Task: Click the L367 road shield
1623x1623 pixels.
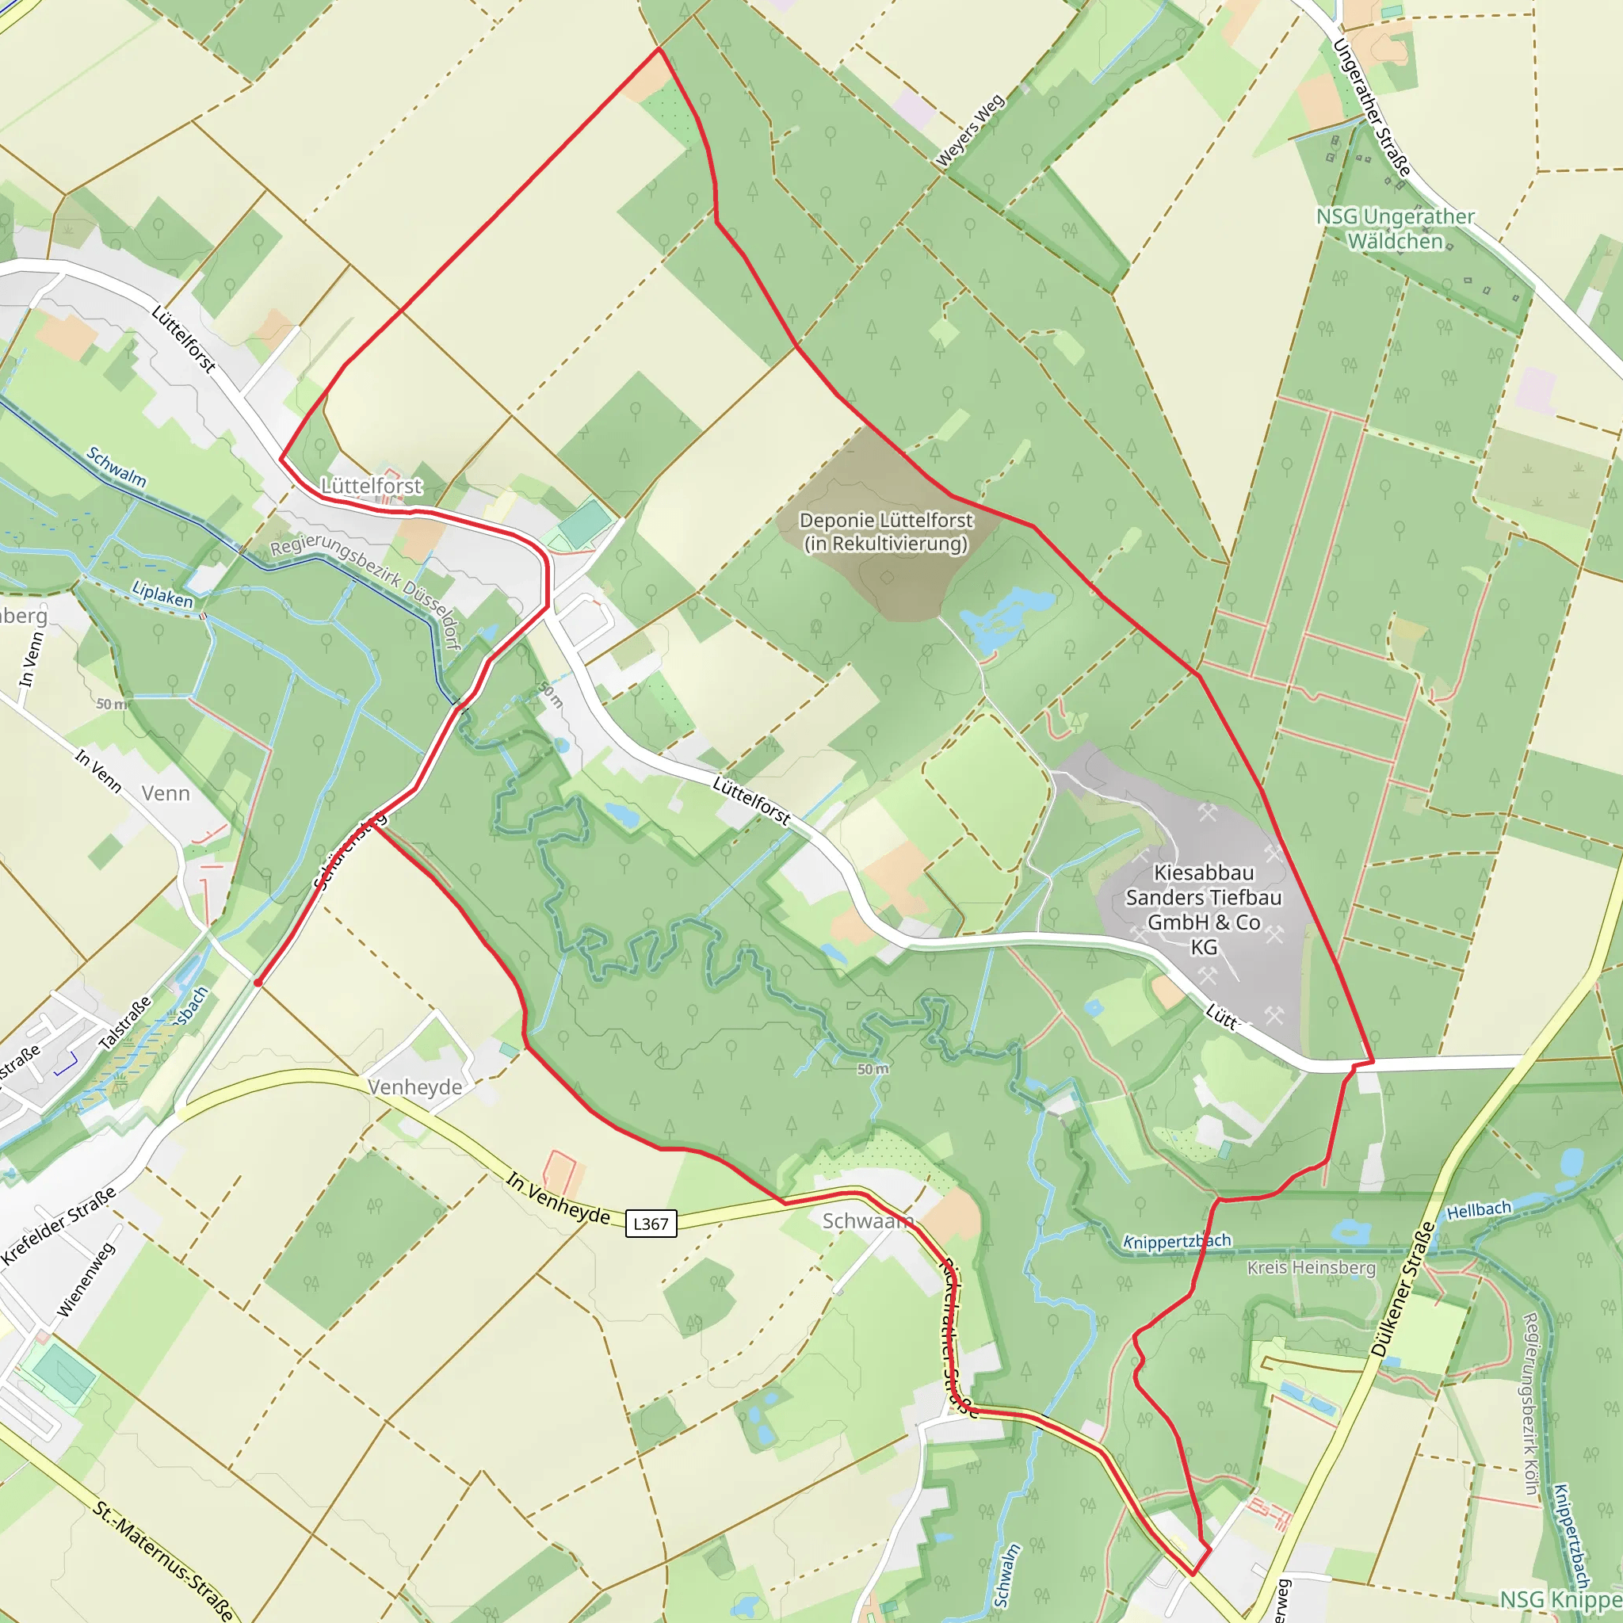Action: pyautogui.click(x=651, y=1223)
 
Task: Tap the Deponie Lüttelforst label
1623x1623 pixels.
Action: pyautogui.click(x=885, y=532)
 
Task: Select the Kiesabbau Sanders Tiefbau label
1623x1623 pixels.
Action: pyautogui.click(x=1203, y=910)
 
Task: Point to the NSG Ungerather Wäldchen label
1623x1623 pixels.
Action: pyautogui.click(x=1395, y=228)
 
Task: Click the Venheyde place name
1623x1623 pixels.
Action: pyautogui.click(x=415, y=1087)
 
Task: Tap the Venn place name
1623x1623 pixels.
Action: pyautogui.click(x=166, y=793)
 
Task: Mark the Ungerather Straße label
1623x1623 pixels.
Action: pyautogui.click(x=1371, y=108)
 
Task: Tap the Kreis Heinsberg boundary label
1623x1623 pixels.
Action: pyautogui.click(x=1311, y=1267)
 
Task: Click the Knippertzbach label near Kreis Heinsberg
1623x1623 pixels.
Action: pyautogui.click(x=1177, y=1242)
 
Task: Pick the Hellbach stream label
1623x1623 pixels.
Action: pyautogui.click(x=1479, y=1209)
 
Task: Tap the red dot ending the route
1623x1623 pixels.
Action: pyautogui.click(x=258, y=982)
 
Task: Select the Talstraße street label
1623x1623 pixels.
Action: pyautogui.click(x=125, y=1022)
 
